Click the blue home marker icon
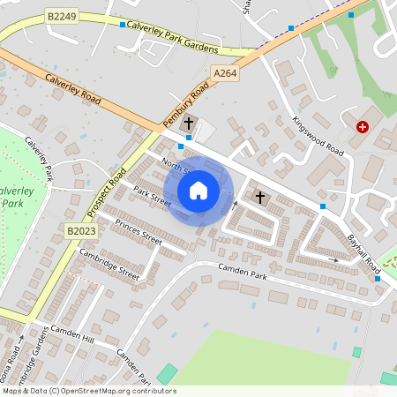[198, 191]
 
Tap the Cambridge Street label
[109, 263]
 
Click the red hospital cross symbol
[362, 127]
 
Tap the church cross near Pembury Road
[189, 123]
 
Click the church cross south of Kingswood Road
[259, 195]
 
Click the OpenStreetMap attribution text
[89, 391]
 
